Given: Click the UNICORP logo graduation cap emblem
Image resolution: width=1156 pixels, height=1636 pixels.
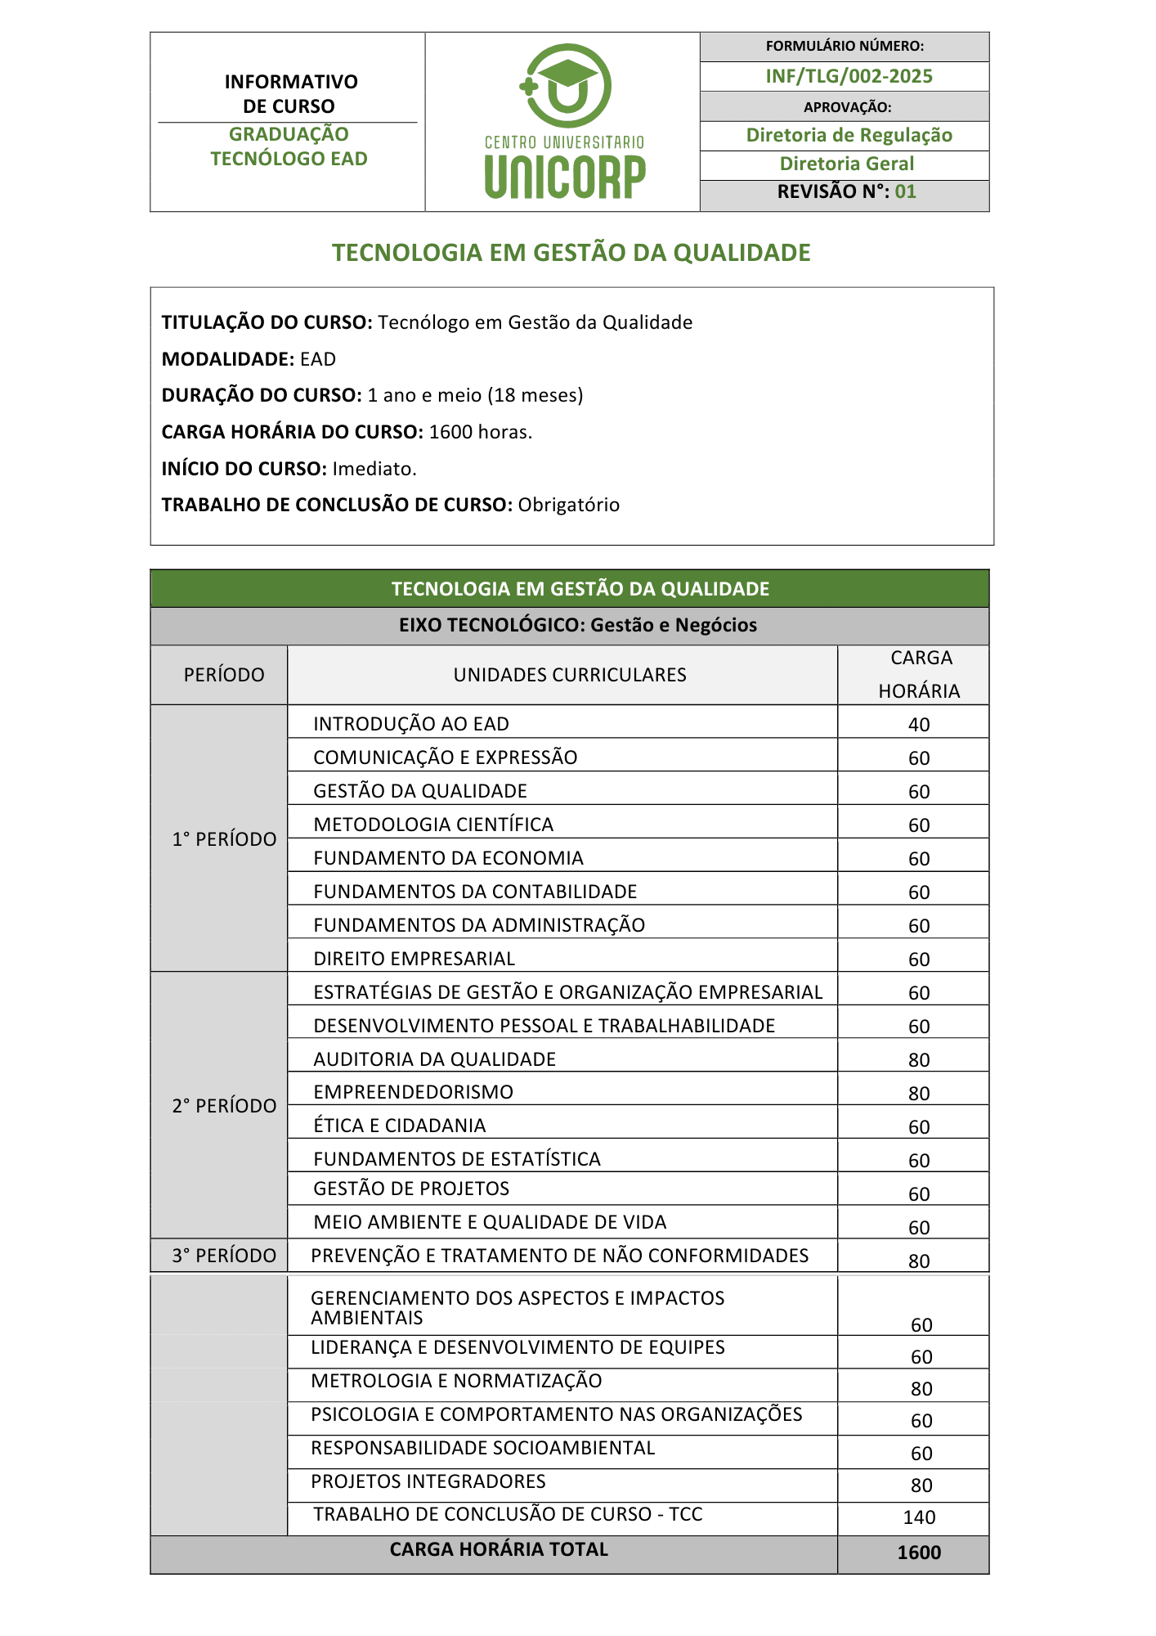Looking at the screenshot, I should point(565,86).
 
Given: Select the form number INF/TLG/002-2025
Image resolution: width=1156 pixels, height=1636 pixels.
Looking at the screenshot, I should point(849,76).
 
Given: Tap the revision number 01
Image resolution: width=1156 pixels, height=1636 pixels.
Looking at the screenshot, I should point(905,192).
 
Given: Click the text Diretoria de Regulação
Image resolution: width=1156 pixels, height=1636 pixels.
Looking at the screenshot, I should point(849,135).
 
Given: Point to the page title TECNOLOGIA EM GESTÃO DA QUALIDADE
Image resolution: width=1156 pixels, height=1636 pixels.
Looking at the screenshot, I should point(571,253).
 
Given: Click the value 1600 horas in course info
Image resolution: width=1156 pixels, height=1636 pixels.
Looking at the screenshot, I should point(480,432).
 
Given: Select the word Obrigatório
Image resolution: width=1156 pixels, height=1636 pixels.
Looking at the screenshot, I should point(569,505).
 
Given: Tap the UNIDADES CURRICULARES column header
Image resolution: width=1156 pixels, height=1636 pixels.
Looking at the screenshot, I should point(570,675).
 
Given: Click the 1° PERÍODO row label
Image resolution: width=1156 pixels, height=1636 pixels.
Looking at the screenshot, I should point(224,839).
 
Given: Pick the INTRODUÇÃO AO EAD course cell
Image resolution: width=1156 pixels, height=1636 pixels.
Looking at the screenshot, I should point(411,724).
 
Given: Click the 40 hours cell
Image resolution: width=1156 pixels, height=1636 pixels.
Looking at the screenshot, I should point(919,725).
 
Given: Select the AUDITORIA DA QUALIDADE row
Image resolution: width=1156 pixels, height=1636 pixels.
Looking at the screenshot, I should point(434,1059).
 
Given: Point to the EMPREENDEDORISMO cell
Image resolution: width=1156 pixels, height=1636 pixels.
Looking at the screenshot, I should point(413,1092).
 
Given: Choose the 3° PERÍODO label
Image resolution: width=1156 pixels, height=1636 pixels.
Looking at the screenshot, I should point(224,1256).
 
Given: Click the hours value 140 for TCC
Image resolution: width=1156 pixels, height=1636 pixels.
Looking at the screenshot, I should point(919,1517).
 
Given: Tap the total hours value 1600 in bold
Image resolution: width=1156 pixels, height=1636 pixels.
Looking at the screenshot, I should point(919,1553).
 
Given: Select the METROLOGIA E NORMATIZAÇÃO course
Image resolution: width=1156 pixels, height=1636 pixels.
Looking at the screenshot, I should point(456,1381).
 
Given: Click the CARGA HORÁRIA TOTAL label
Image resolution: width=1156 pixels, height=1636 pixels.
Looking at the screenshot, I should point(499,1549).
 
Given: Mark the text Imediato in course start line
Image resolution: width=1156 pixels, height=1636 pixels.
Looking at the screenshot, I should point(374,469).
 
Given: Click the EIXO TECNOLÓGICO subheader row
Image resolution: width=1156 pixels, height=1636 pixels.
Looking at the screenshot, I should point(577,625).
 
